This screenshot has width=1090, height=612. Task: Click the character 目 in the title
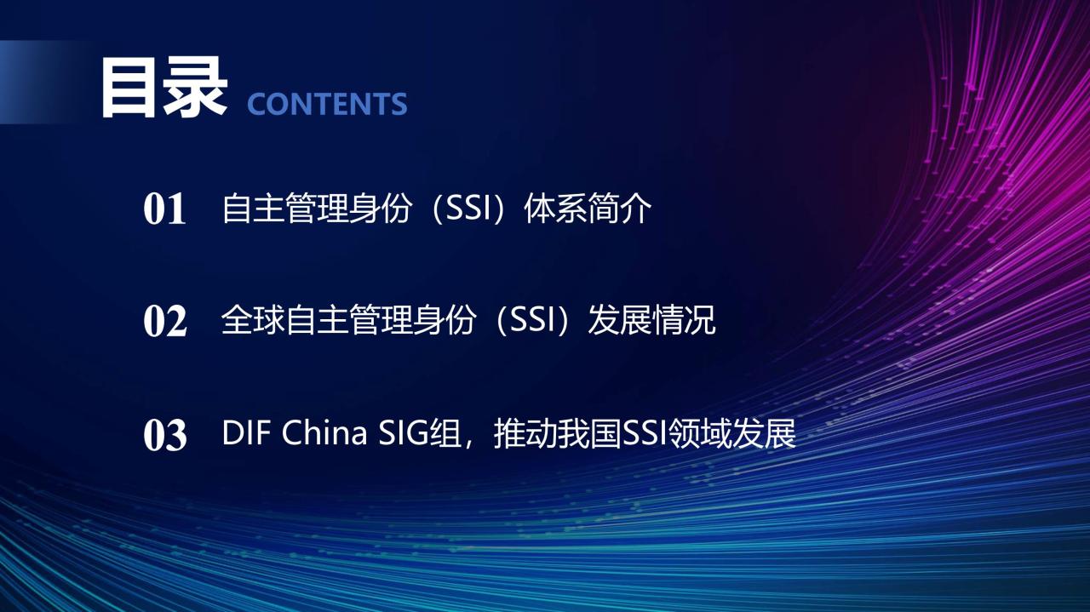[x=128, y=88]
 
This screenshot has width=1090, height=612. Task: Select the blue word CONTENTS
[x=327, y=104]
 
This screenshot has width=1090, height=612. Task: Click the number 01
[x=164, y=209]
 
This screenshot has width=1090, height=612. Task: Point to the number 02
[x=165, y=321]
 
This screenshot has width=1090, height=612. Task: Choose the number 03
[x=165, y=435]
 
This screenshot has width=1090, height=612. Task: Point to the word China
[x=324, y=432]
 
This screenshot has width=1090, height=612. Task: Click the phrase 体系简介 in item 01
[x=588, y=209]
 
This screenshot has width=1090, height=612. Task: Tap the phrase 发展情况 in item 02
[x=651, y=320]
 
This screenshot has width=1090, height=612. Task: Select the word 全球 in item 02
[x=253, y=320]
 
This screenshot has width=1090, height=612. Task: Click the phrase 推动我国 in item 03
[x=558, y=433]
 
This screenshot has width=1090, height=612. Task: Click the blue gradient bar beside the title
[x=43, y=83]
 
